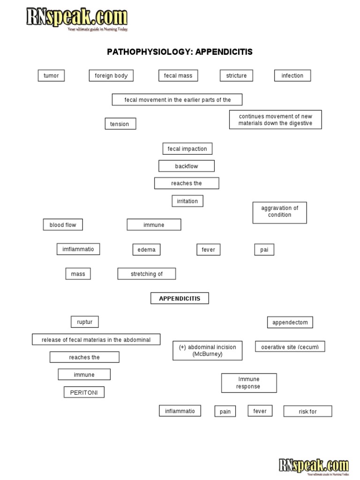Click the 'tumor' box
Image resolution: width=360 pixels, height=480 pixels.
tap(51, 75)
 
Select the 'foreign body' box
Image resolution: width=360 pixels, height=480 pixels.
tap(111, 75)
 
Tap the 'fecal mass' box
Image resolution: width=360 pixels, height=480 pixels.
tap(178, 75)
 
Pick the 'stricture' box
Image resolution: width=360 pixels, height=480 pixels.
tap(236, 75)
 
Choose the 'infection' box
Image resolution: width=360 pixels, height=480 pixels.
tap(292, 75)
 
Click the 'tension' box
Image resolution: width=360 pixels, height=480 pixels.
tap(120, 124)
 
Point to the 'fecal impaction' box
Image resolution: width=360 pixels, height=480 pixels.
tap(187, 149)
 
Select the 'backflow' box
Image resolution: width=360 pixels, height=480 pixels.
tap(187, 166)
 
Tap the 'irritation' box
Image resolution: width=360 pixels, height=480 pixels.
tap(187, 201)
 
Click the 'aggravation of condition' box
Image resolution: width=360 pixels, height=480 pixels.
tap(280, 212)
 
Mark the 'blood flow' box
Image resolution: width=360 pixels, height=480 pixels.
tap(63, 225)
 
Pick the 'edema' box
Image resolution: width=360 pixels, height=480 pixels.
tap(146, 250)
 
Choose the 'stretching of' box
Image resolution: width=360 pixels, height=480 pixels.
tap(147, 274)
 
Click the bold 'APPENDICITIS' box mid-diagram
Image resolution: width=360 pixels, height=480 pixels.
tap(180, 298)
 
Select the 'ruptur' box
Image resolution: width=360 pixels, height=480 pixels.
tap(85, 322)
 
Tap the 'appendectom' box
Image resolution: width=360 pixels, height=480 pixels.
tap(290, 322)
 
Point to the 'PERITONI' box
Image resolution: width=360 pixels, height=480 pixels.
tap(84, 392)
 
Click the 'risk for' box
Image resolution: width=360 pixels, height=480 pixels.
tap(307, 412)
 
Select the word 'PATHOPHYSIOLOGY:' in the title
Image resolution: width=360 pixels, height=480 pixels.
tap(150, 52)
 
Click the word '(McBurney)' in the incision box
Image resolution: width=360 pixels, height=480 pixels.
tap(207, 354)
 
